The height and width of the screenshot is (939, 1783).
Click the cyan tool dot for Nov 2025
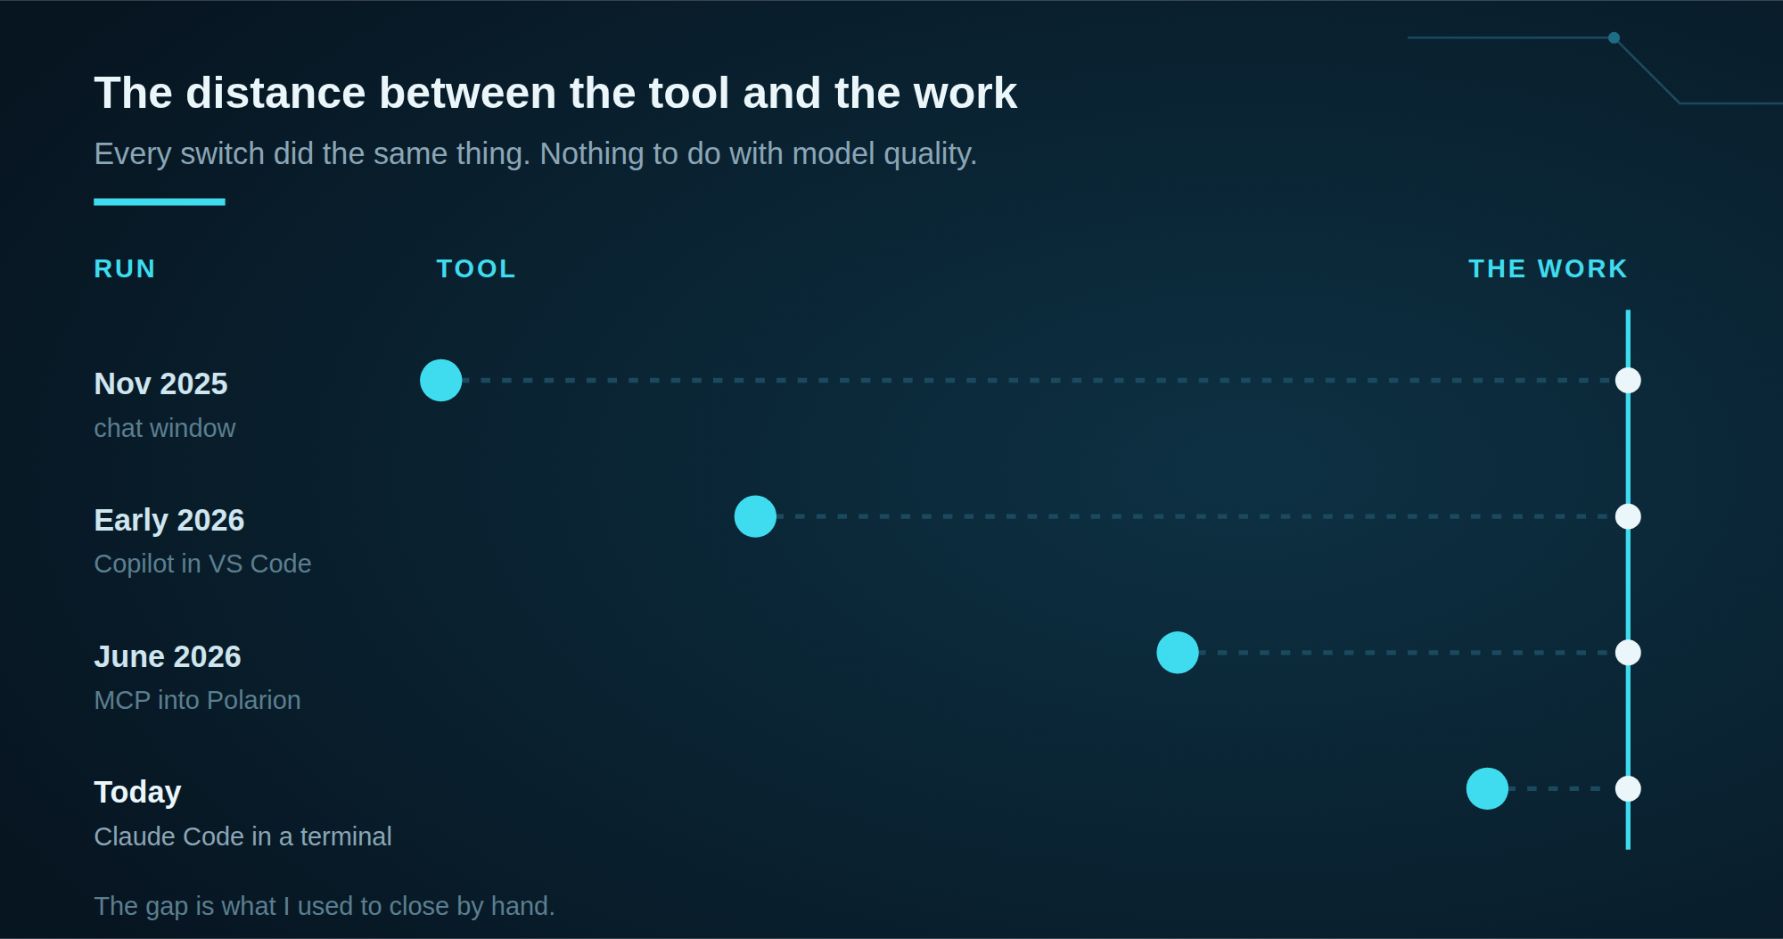point(441,381)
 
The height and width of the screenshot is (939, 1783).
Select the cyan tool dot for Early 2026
point(755,516)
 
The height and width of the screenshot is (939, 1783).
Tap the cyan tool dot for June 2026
point(1178,653)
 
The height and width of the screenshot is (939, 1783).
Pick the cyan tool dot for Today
point(1487,788)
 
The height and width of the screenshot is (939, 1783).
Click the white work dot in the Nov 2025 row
point(1628,381)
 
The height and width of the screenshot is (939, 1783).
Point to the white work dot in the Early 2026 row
point(1628,516)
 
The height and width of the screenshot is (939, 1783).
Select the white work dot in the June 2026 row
point(1628,653)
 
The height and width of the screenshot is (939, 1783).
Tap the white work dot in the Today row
point(1628,788)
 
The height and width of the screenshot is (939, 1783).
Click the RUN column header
point(125,268)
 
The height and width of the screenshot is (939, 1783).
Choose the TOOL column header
point(476,268)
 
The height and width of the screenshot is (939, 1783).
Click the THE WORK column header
point(1548,268)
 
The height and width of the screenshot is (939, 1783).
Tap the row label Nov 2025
point(160,383)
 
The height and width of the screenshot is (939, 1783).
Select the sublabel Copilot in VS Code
point(202,564)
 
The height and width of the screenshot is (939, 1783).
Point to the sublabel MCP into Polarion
point(197,700)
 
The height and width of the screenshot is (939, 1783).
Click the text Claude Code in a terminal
point(242,836)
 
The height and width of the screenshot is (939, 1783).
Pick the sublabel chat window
point(165,428)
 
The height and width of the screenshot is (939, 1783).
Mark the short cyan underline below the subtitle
point(160,202)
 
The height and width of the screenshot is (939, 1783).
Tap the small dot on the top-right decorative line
point(1614,37)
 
